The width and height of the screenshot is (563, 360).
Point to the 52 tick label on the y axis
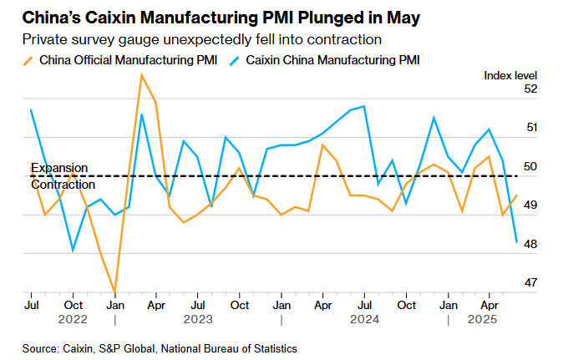click(530, 89)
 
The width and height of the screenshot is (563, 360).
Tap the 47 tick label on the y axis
click(530, 282)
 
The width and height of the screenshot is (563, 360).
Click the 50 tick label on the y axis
click(530, 166)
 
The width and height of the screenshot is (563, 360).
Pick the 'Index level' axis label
click(510, 75)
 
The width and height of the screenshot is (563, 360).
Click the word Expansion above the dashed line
click(59, 168)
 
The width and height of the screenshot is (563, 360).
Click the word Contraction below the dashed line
click(63, 184)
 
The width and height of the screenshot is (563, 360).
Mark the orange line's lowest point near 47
click(114, 292)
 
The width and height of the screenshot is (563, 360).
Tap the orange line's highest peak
click(141, 75)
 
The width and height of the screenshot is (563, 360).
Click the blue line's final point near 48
click(516, 242)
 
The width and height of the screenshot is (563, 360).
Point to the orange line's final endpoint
click(516, 195)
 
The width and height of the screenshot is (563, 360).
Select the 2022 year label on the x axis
click(73, 319)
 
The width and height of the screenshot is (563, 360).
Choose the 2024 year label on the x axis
click(365, 319)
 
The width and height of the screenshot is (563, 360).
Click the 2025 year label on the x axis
click(482, 319)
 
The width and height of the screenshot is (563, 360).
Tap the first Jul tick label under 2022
click(31, 305)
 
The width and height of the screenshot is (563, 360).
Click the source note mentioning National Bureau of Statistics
click(160, 347)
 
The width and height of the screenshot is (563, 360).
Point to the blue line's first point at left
click(31, 110)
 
